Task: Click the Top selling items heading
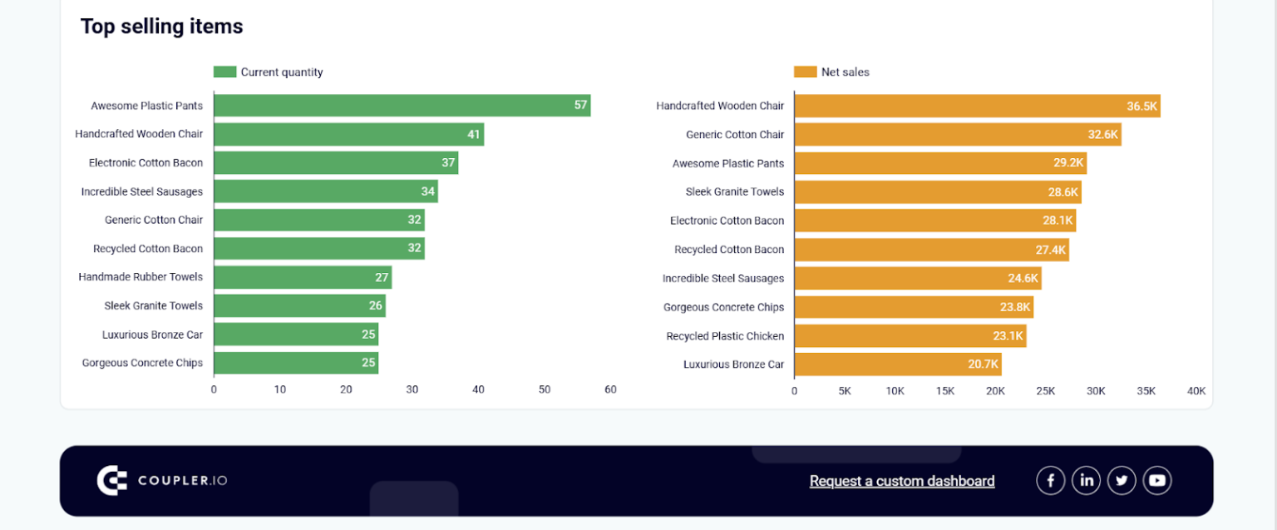point(161,27)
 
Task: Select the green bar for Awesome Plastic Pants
point(402,106)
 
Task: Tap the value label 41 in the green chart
point(473,134)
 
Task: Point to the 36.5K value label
point(1141,106)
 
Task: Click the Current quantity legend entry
point(269,72)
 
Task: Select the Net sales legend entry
point(832,72)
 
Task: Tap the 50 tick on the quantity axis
point(545,389)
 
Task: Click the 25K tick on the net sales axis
point(1046,390)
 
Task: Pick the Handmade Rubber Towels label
point(141,276)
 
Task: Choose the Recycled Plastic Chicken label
point(725,336)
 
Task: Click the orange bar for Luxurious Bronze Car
point(897,364)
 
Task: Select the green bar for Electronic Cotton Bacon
point(335,163)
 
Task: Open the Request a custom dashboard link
point(902,481)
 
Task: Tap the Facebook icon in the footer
point(1051,480)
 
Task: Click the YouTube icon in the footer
point(1157,480)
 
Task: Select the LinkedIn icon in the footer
point(1086,480)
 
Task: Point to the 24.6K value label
point(1023,279)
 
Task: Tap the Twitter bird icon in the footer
point(1122,480)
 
